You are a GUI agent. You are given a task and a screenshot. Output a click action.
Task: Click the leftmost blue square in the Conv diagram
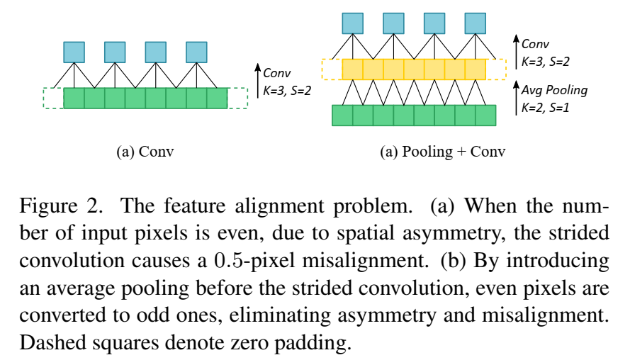tap(74, 52)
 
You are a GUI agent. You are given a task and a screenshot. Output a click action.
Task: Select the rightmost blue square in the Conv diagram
tap(196, 52)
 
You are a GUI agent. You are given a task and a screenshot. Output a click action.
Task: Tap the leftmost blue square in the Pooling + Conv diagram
tap(352, 23)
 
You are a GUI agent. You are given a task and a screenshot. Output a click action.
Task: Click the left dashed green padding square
tap(53, 98)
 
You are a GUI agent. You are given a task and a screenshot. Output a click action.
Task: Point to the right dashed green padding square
tap(237, 98)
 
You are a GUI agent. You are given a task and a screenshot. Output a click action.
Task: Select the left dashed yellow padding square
tap(332, 69)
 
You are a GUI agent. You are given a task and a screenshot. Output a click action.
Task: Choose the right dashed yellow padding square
tap(496, 69)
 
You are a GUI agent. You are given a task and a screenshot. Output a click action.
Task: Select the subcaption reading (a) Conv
tap(140, 152)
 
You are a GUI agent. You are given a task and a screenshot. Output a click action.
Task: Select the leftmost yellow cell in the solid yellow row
tap(352, 69)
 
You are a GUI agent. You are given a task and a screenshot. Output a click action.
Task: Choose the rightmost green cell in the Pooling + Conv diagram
tap(485, 115)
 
